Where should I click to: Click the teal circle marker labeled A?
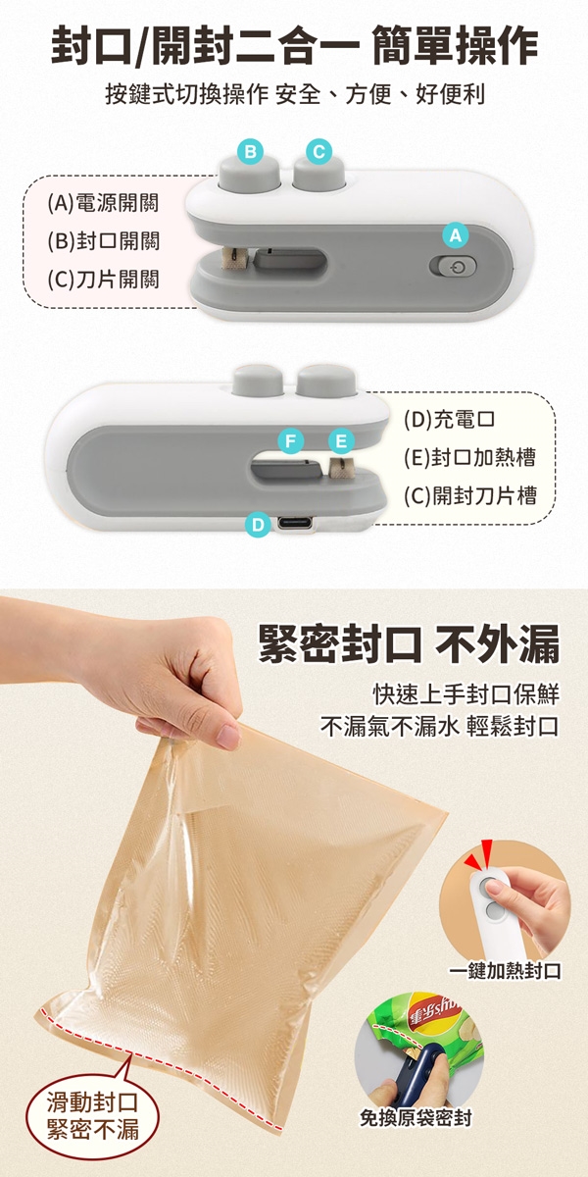pyautogui.click(x=455, y=235)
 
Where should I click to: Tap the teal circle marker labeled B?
pyautogui.click(x=251, y=151)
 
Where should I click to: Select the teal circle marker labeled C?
pyautogui.click(x=318, y=151)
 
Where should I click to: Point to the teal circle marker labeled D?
pyautogui.click(x=259, y=525)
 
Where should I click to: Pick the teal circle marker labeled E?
pyautogui.click(x=341, y=440)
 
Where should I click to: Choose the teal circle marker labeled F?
pyautogui.click(x=291, y=440)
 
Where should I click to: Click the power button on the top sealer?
pyautogui.click(x=453, y=267)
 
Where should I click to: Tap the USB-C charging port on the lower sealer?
pyautogui.click(x=295, y=524)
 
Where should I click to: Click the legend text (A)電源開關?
pyautogui.click(x=104, y=203)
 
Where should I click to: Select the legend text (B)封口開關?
pyautogui.click(x=104, y=241)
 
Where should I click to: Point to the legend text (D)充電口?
pyautogui.click(x=450, y=419)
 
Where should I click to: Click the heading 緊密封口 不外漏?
pyautogui.click(x=409, y=643)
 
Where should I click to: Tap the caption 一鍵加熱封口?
pyautogui.click(x=505, y=971)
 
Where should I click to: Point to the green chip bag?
pyautogui.click(x=421, y=1026)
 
